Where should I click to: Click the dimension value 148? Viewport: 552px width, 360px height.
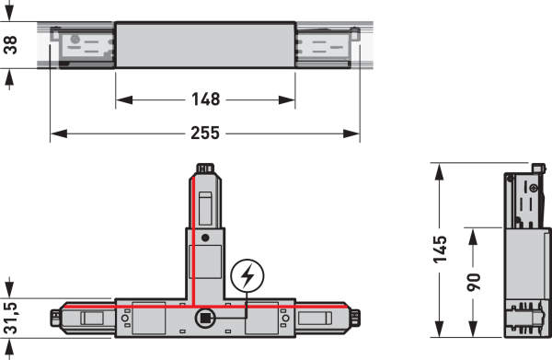point(206,99)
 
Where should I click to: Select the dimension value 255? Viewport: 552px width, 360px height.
point(205,134)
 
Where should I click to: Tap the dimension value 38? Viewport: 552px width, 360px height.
point(11,45)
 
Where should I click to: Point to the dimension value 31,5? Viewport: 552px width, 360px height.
point(11,318)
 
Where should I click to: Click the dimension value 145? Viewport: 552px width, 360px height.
point(440,250)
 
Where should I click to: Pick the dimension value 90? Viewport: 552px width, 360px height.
point(474,282)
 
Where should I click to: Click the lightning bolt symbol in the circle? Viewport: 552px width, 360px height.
point(247,276)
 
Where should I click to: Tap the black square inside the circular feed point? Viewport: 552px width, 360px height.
point(205,318)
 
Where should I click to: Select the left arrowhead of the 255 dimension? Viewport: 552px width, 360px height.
point(59,134)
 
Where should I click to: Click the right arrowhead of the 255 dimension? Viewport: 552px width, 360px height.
point(351,134)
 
